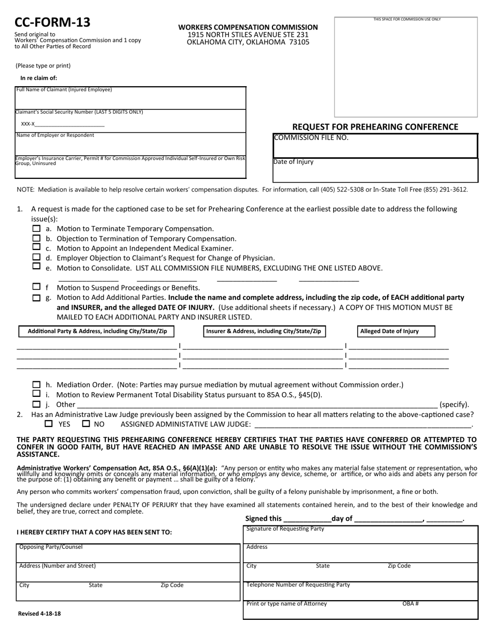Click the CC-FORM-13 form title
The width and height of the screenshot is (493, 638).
[52, 22]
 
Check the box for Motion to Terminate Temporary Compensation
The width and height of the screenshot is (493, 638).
[36, 228]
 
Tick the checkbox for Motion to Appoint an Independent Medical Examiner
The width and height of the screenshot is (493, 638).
[36, 247]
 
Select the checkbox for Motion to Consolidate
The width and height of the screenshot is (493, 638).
[36, 266]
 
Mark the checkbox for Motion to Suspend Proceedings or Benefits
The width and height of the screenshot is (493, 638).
[36, 287]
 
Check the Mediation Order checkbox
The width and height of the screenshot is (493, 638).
[36, 385]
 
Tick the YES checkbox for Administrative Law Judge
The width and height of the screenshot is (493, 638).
[49, 424]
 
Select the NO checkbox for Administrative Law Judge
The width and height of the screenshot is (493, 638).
[86, 424]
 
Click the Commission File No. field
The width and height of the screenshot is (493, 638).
[375, 148]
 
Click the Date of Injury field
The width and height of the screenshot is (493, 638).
[375, 171]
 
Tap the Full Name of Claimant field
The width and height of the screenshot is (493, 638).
[131, 100]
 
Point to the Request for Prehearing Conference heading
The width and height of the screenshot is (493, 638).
[375, 127]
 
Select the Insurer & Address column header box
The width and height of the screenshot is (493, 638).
[264, 331]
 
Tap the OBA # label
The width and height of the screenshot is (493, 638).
[410, 604]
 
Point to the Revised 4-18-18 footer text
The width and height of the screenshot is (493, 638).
[39, 614]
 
